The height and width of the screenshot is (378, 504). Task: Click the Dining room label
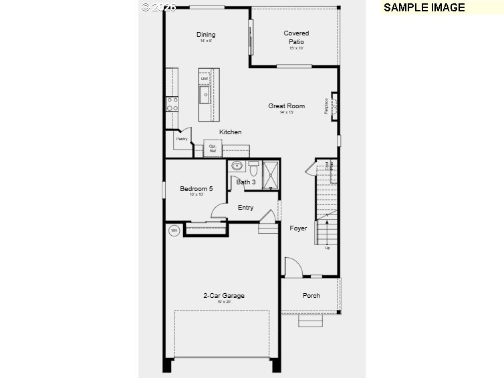[x=206, y=35]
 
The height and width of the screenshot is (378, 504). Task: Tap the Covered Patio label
[x=296, y=37]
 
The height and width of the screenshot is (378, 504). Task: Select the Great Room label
[x=287, y=106]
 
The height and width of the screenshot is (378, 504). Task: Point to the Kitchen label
[x=231, y=132]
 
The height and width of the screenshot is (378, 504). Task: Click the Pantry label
[x=181, y=139]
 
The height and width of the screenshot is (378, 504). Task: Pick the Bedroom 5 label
[x=197, y=189]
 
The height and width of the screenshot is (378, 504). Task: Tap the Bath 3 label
[x=246, y=182]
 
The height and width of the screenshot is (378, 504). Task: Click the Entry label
[x=245, y=208]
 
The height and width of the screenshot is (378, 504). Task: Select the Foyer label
[x=298, y=228]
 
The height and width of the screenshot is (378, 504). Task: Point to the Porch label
[x=311, y=295]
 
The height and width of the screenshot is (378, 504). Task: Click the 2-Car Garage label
[x=224, y=295]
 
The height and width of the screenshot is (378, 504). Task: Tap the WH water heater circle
[x=174, y=231]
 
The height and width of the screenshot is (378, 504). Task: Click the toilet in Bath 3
[x=253, y=166]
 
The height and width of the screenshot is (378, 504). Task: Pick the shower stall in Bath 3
[x=271, y=174]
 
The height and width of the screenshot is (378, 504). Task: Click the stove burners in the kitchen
[x=172, y=104]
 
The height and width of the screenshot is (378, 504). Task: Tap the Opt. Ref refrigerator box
[x=213, y=148]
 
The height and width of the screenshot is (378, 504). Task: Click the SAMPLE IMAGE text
[x=424, y=7]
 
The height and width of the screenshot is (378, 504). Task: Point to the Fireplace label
[x=327, y=106]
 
